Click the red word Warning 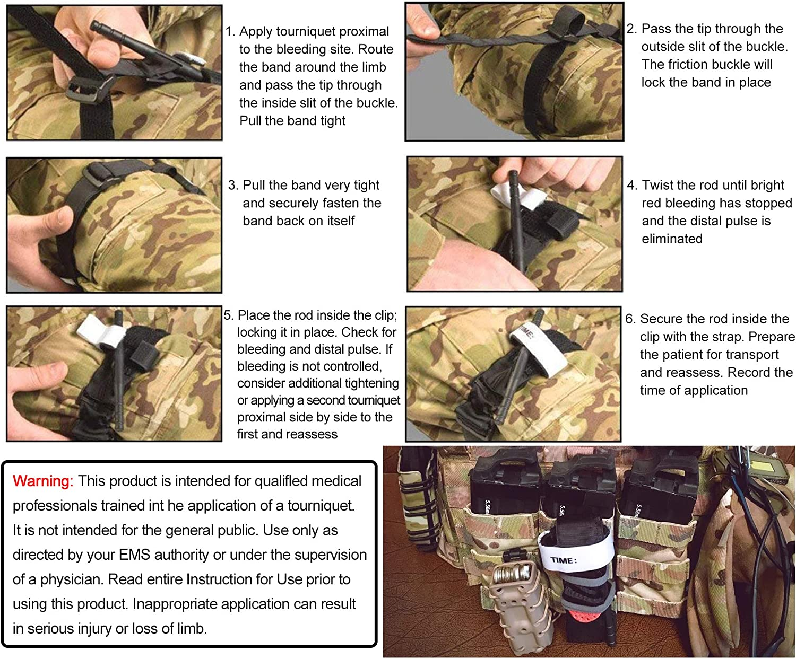42,481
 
